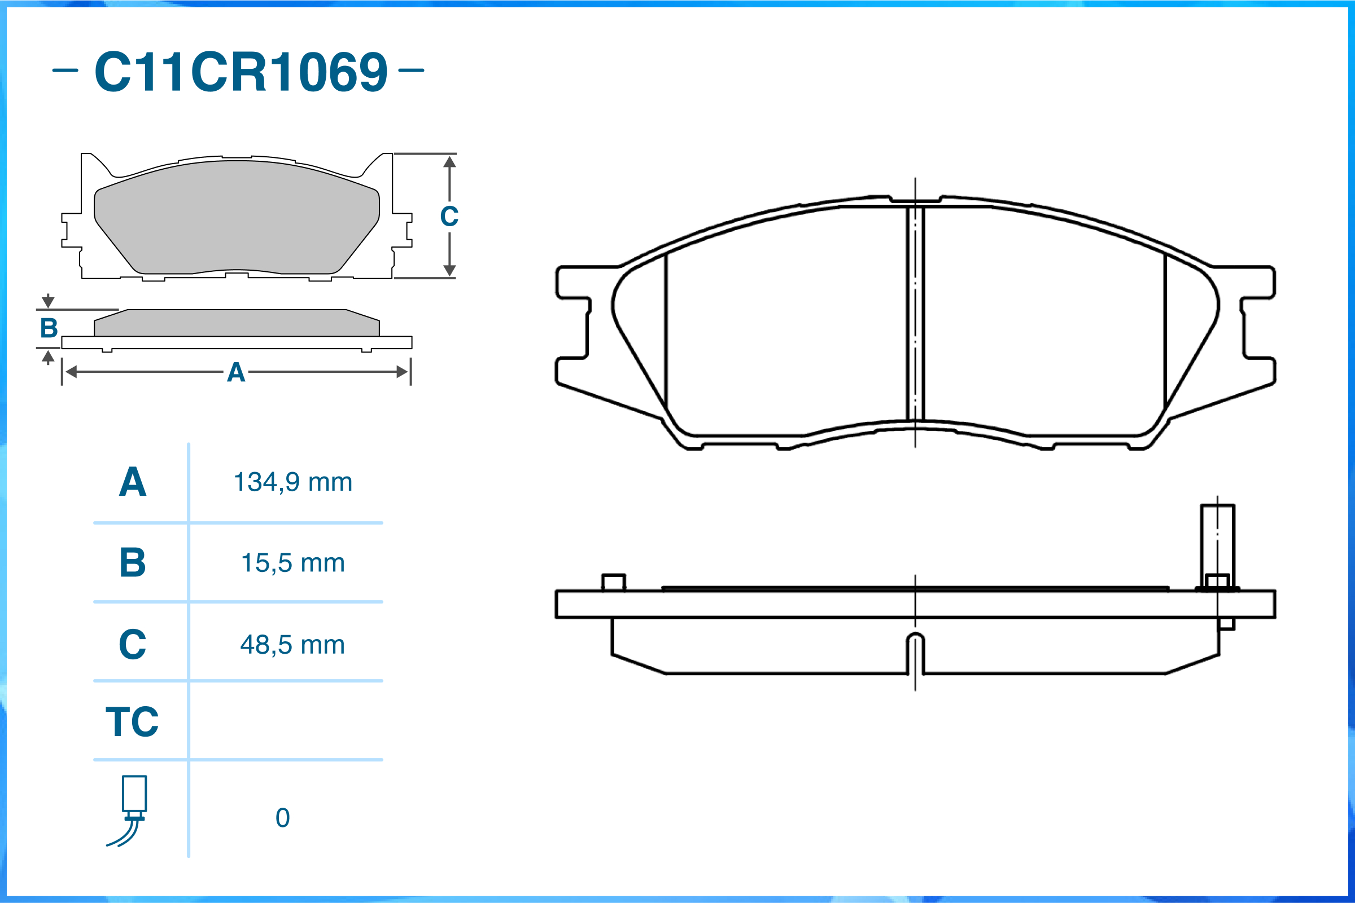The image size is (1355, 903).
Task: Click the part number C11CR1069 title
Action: (241, 72)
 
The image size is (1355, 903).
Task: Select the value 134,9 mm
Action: (292, 482)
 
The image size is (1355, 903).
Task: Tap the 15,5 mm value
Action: (292, 563)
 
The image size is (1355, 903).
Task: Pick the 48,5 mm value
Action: (292, 645)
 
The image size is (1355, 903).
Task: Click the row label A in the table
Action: (133, 482)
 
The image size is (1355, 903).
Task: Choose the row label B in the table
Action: (133, 563)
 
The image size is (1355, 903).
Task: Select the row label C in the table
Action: (133, 645)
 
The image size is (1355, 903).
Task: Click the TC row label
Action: (132, 721)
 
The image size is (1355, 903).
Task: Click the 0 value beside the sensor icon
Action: (282, 818)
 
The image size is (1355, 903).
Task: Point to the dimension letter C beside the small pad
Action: (449, 217)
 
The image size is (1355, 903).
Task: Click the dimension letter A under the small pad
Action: (236, 373)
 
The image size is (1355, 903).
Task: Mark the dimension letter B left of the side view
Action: (49, 328)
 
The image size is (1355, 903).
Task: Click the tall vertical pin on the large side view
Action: (1217, 544)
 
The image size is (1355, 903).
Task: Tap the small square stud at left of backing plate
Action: (613, 582)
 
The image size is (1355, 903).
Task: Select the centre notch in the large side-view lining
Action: (915, 653)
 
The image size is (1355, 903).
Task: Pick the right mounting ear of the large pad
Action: (1258, 323)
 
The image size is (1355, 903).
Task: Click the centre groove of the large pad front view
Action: (915, 314)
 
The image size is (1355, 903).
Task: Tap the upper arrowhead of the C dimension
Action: (449, 162)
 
